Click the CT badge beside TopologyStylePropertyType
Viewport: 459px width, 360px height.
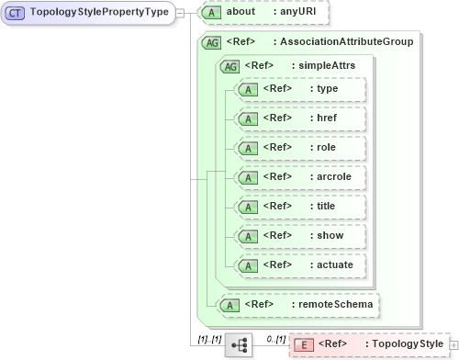(16, 13)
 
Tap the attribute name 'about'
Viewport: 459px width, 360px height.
(241, 13)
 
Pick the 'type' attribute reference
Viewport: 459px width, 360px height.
(326, 89)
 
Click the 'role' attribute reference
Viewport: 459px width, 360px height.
(326, 148)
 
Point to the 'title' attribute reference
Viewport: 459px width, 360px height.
(326, 206)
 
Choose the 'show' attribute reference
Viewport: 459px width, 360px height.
(329, 235)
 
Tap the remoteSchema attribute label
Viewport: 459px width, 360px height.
(333, 303)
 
